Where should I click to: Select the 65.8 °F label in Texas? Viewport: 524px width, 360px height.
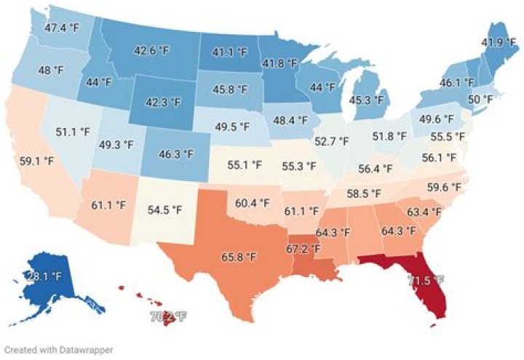coord(239,257)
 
